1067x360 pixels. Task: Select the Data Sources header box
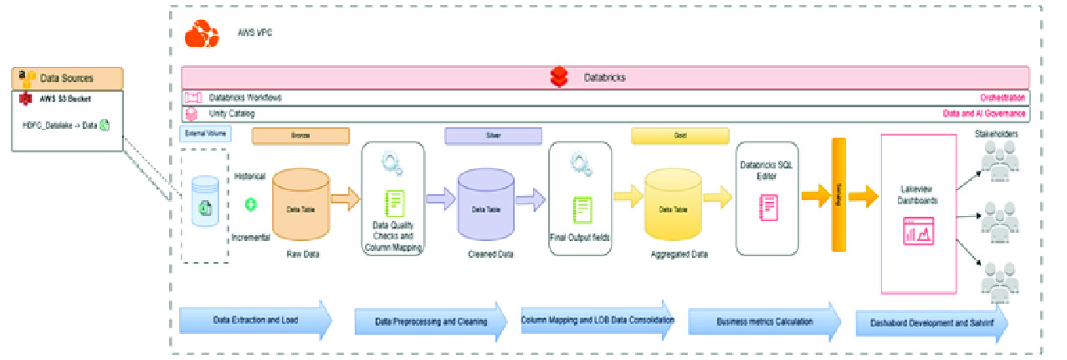pos(67,79)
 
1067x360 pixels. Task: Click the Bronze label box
pos(300,136)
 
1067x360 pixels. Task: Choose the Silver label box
pos(493,136)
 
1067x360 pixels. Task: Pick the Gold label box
pos(679,136)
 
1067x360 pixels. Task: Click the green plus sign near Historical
pos(249,203)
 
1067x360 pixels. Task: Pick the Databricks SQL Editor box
pos(767,198)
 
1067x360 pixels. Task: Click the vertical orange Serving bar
pos(839,194)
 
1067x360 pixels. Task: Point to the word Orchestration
pos(1002,98)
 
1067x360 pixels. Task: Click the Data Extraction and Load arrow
pos(255,321)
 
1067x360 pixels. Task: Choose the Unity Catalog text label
pos(232,113)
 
